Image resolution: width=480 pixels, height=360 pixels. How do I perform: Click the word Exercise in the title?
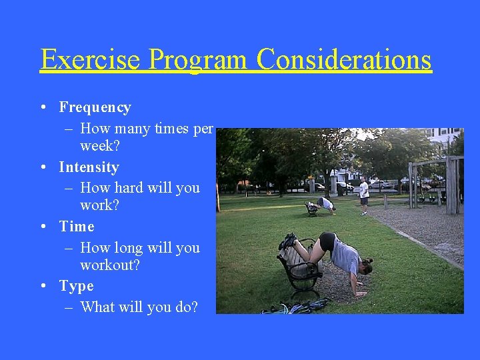pyautogui.click(x=90, y=59)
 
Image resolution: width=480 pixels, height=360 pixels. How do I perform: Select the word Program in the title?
pyautogui.click(x=198, y=59)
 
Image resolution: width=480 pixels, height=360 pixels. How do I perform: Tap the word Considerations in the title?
pyautogui.click(x=344, y=59)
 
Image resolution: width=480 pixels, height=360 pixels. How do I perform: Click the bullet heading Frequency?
pyautogui.click(x=95, y=107)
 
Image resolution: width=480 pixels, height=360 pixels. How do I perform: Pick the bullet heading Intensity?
pyautogui.click(x=89, y=167)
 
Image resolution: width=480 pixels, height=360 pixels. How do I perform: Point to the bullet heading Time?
pyautogui.click(x=77, y=227)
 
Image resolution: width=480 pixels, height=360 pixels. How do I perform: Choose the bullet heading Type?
pyautogui.click(x=76, y=286)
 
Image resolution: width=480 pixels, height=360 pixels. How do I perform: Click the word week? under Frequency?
pyautogui.click(x=100, y=145)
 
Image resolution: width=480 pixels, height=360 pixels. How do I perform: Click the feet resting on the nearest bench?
pyautogui.click(x=288, y=241)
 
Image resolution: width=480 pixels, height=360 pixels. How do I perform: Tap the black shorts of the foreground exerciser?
pyautogui.click(x=327, y=242)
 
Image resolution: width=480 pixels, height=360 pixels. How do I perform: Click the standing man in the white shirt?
pyautogui.click(x=363, y=194)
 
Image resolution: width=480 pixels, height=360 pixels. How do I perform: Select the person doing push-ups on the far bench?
pyautogui.click(x=324, y=204)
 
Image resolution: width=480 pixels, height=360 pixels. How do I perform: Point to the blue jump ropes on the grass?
pyautogui.click(x=293, y=307)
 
